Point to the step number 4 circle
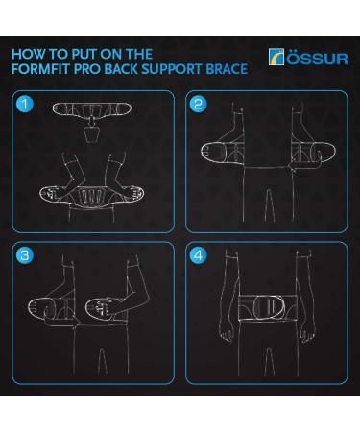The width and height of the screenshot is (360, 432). coord(199,256)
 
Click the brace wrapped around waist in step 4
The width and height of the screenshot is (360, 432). coord(260,316)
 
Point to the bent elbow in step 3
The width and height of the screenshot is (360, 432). coord(141,317)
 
